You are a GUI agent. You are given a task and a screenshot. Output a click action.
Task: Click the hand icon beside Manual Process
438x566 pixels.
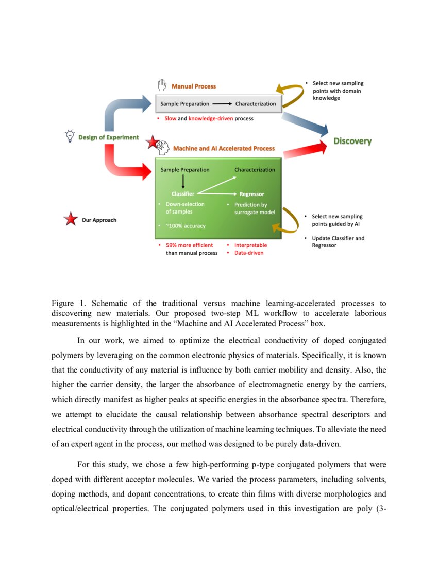pos(162,85)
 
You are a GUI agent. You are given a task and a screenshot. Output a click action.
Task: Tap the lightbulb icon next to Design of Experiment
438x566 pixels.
pos(69,136)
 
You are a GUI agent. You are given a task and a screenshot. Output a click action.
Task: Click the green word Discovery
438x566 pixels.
pos(352,141)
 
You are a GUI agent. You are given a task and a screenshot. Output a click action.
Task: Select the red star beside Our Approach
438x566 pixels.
pos(70,220)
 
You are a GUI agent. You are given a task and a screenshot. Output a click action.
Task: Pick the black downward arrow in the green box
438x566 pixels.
pos(183,181)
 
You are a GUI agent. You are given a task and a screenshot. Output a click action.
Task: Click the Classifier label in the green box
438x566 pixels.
pos(182,194)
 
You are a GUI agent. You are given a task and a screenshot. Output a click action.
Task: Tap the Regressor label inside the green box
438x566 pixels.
pos(251,194)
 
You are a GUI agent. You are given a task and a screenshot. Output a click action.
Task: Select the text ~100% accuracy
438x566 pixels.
pos(185,226)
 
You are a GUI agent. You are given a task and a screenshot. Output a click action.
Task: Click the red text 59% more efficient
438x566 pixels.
pos(189,245)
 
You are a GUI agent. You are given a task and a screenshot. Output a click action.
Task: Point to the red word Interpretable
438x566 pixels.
pos(250,245)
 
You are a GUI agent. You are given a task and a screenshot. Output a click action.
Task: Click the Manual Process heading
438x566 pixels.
pos(194,86)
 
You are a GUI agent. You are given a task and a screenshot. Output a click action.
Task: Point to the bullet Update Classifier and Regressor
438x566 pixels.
pos(338,242)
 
